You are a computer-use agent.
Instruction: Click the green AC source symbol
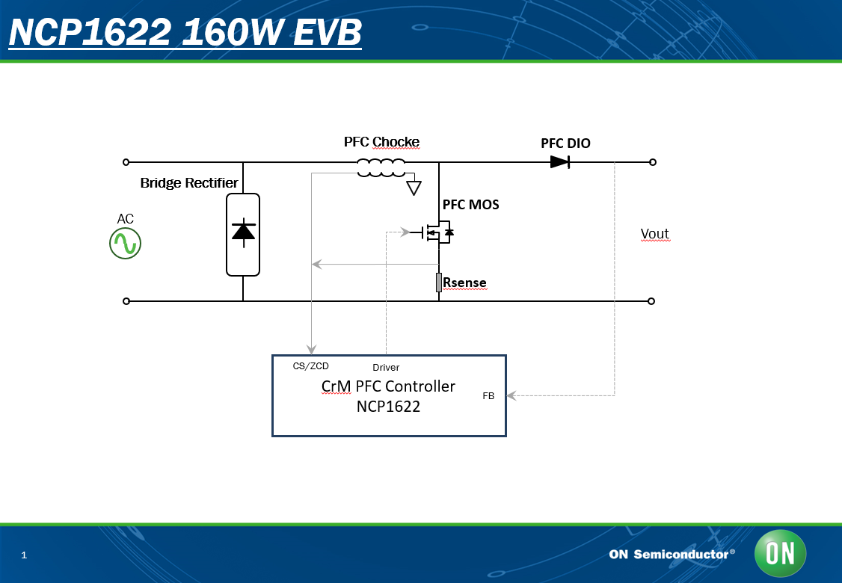(125, 243)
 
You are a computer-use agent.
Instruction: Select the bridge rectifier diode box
(243, 235)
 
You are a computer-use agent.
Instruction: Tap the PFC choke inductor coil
(381, 167)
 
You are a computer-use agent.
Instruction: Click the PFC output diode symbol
(560, 161)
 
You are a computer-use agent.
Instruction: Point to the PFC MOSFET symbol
(433, 232)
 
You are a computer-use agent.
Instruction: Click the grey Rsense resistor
(439, 283)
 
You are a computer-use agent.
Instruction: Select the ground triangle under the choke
(414, 188)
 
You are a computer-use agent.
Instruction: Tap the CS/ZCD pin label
(310, 366)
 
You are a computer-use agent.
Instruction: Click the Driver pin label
(386, 368)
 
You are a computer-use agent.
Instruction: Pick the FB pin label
(488, 396)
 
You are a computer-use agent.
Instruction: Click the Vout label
(654, 234)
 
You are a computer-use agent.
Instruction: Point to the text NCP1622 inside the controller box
(388, 407)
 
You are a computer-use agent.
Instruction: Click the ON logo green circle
(780, 553)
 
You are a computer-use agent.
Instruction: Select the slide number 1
(24, 555)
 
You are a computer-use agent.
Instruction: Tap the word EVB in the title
(328, 32)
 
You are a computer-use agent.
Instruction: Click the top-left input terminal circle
(126, 162)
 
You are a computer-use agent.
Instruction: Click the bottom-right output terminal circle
(651, 301)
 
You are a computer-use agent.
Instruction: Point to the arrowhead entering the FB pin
(511, 395)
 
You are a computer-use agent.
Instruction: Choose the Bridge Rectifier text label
(189, 183)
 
